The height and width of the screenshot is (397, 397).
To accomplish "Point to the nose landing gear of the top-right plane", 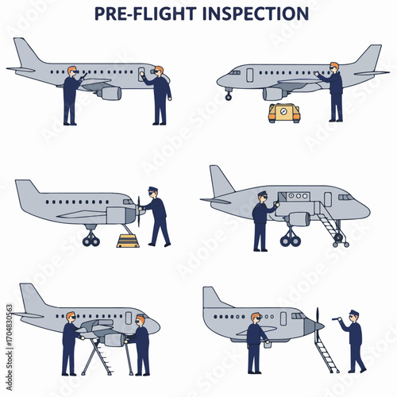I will [x=229, y=94].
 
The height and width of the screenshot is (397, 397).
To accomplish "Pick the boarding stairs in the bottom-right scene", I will [x=325, y=353].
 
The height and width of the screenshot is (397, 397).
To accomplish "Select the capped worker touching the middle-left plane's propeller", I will [x=156, y=217].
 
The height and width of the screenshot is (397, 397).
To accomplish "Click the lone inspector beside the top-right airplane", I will [x=333, y=91].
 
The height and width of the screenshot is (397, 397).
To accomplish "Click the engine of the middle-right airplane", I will [x=299, y=218].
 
